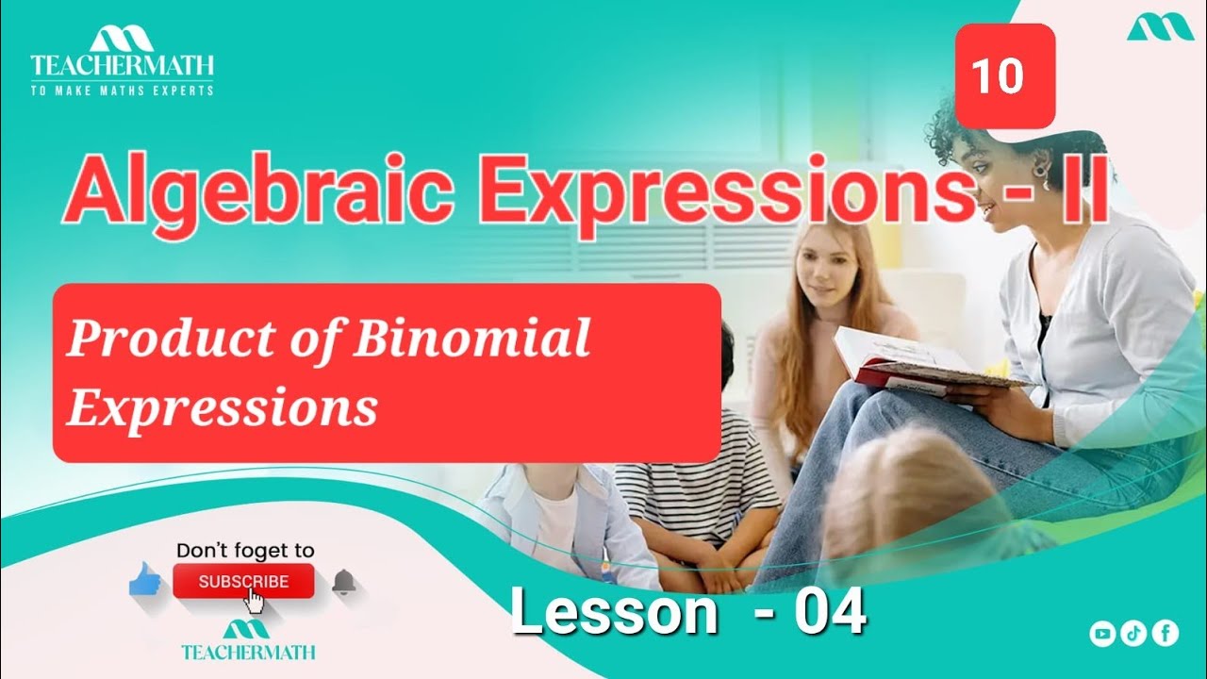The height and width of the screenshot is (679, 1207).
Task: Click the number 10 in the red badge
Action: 998,75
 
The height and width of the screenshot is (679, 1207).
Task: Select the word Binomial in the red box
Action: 471,339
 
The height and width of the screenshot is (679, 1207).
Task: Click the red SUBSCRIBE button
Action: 243,582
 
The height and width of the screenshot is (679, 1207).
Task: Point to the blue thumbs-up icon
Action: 146,580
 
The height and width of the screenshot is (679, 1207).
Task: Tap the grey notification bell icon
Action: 343,583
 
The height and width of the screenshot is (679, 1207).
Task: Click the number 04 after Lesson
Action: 829,613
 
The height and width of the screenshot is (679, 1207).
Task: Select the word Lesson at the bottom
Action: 614,613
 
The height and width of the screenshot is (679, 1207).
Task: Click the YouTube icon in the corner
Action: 1101,634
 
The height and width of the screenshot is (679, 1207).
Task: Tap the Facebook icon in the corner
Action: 1166,634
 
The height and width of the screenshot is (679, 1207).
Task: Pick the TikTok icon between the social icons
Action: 1133,634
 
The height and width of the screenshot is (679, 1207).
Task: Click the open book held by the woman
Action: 905,363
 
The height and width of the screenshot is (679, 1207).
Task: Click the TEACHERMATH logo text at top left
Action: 122,65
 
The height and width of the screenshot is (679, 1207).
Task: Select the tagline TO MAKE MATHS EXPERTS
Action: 122,91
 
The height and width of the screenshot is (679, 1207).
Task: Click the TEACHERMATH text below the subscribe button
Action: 248,652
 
